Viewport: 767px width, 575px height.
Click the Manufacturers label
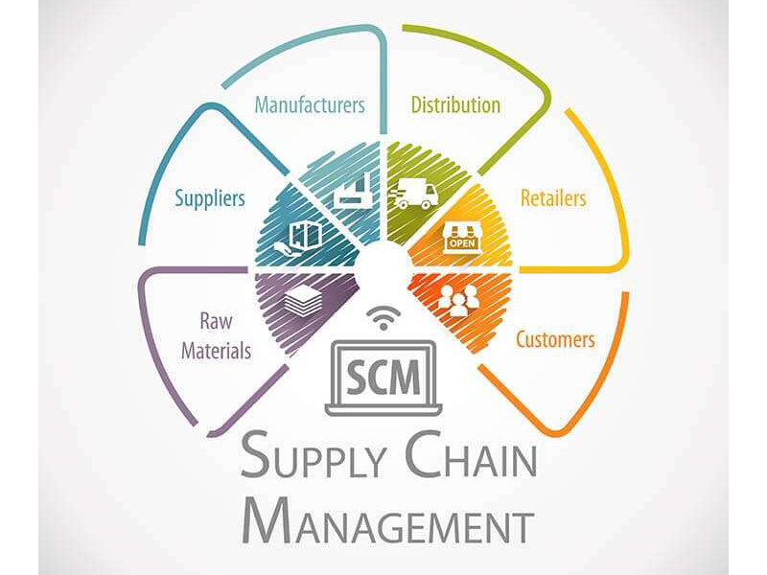tap(310, 105)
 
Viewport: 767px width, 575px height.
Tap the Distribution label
tap(455, 105)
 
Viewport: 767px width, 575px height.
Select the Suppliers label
tap(210, 199)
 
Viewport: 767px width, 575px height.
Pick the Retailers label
tap(553, 198)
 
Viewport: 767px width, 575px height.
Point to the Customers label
tap(556, 339)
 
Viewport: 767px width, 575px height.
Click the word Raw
tap(217, 321)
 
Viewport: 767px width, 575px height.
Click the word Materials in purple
tap(217, 351)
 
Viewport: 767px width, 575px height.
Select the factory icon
tap(353, 191)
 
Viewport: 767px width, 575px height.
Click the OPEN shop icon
tap(462, 238)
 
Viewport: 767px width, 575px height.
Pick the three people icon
tap(458, 300)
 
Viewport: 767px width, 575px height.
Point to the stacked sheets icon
tap(303, 300)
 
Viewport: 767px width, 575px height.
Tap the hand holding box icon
tap(298, 238)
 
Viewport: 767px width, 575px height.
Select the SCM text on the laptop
tap(383, 378)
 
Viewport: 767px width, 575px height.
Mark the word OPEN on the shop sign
tap(462, 242)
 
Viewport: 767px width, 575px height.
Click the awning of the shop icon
tap(462, 229)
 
